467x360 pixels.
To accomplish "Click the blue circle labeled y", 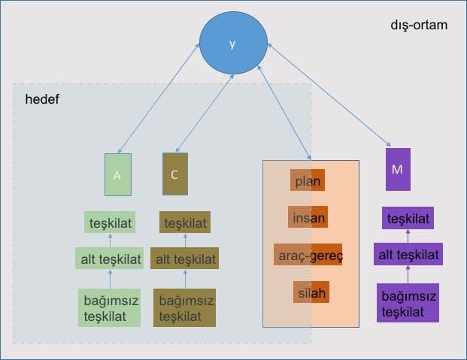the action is pos(233,43).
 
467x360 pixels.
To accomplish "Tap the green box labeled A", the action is pos(118,175).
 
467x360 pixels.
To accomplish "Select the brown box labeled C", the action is pos(175,174).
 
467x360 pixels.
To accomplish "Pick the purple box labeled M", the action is pos(398,169).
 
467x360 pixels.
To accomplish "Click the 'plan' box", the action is pos(308,180).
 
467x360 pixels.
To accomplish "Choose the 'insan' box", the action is pos(308,217).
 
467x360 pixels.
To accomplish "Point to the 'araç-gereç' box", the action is pos(308,255).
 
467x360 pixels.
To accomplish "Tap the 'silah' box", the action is pos(311,292).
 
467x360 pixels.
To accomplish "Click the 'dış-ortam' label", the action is pos(419,25).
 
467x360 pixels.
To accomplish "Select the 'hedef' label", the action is pos(42,99).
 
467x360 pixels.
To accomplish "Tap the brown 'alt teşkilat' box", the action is pos(185,259).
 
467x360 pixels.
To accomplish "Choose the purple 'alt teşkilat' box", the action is pos(408,254).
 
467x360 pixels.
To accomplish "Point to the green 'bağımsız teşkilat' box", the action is pos(109,308).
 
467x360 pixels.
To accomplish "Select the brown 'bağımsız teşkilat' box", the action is pos(185,308).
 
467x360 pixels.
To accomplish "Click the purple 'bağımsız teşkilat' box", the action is pos(408,303).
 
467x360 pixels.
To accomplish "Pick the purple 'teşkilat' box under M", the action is pos(408,218).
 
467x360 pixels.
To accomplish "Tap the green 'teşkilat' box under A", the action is pos(110,222).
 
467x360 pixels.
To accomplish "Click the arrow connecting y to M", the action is pos(329,95).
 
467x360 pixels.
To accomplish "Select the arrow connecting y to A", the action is pos(159,98).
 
